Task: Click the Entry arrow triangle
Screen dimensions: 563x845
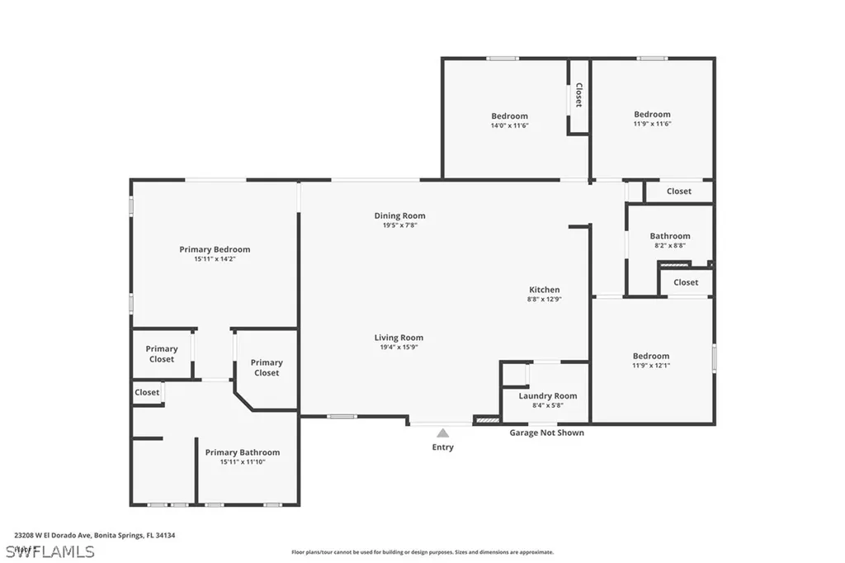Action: click(x=443, y=433)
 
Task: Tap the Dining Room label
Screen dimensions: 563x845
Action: click(x=399, y=216)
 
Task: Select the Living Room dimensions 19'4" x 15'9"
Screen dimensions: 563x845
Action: click(x=399, y=348)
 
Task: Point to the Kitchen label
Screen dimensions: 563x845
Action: click(x=545, y=290)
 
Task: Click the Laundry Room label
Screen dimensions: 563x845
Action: click(x=548, y=396)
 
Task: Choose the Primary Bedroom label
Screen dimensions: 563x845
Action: click(x=215, y=249)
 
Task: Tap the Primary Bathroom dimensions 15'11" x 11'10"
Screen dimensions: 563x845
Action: click(x=243, y=462)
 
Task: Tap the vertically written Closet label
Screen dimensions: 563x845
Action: click(x=578, y=96)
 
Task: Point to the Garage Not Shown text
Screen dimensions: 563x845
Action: click(x=546, y=433)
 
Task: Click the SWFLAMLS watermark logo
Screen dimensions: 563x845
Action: click(x=50, y=551)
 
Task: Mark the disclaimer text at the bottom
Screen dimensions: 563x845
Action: click(x=422, y=552)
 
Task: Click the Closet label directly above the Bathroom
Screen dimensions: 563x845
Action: click(x=679, y=192)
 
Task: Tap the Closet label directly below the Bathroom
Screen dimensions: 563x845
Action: click(x=686, y=282)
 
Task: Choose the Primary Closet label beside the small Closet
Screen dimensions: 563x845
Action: click(x=162, y=354)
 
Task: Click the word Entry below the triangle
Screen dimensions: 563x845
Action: click(x=443, y=447)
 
